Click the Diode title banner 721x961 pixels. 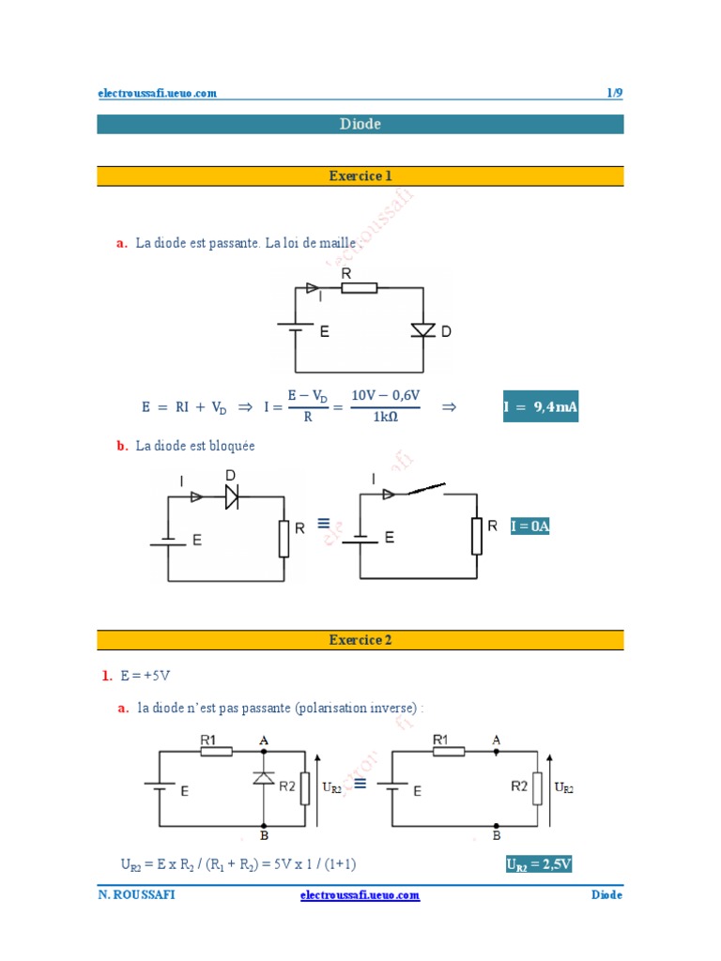point(360,124)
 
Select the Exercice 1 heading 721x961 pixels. point(360,175)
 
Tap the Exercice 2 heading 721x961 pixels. point(360,640)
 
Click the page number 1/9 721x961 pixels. point(614,93)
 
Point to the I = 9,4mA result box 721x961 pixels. point(540,406)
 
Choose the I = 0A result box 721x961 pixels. point(529,526)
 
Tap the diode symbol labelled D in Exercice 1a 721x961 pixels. point(424,330)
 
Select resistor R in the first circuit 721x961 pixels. point(359,287)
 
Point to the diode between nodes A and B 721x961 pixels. point(264,778)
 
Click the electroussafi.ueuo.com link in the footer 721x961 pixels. point(360,895)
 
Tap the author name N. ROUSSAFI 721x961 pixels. point(136,895)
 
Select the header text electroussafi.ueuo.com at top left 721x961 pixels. point(158,93)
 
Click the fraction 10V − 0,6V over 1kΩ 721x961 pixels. point(386,406)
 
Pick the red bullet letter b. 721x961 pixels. point(122,447)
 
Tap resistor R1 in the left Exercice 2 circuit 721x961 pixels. point(216,751)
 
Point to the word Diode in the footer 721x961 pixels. point(606,895)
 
